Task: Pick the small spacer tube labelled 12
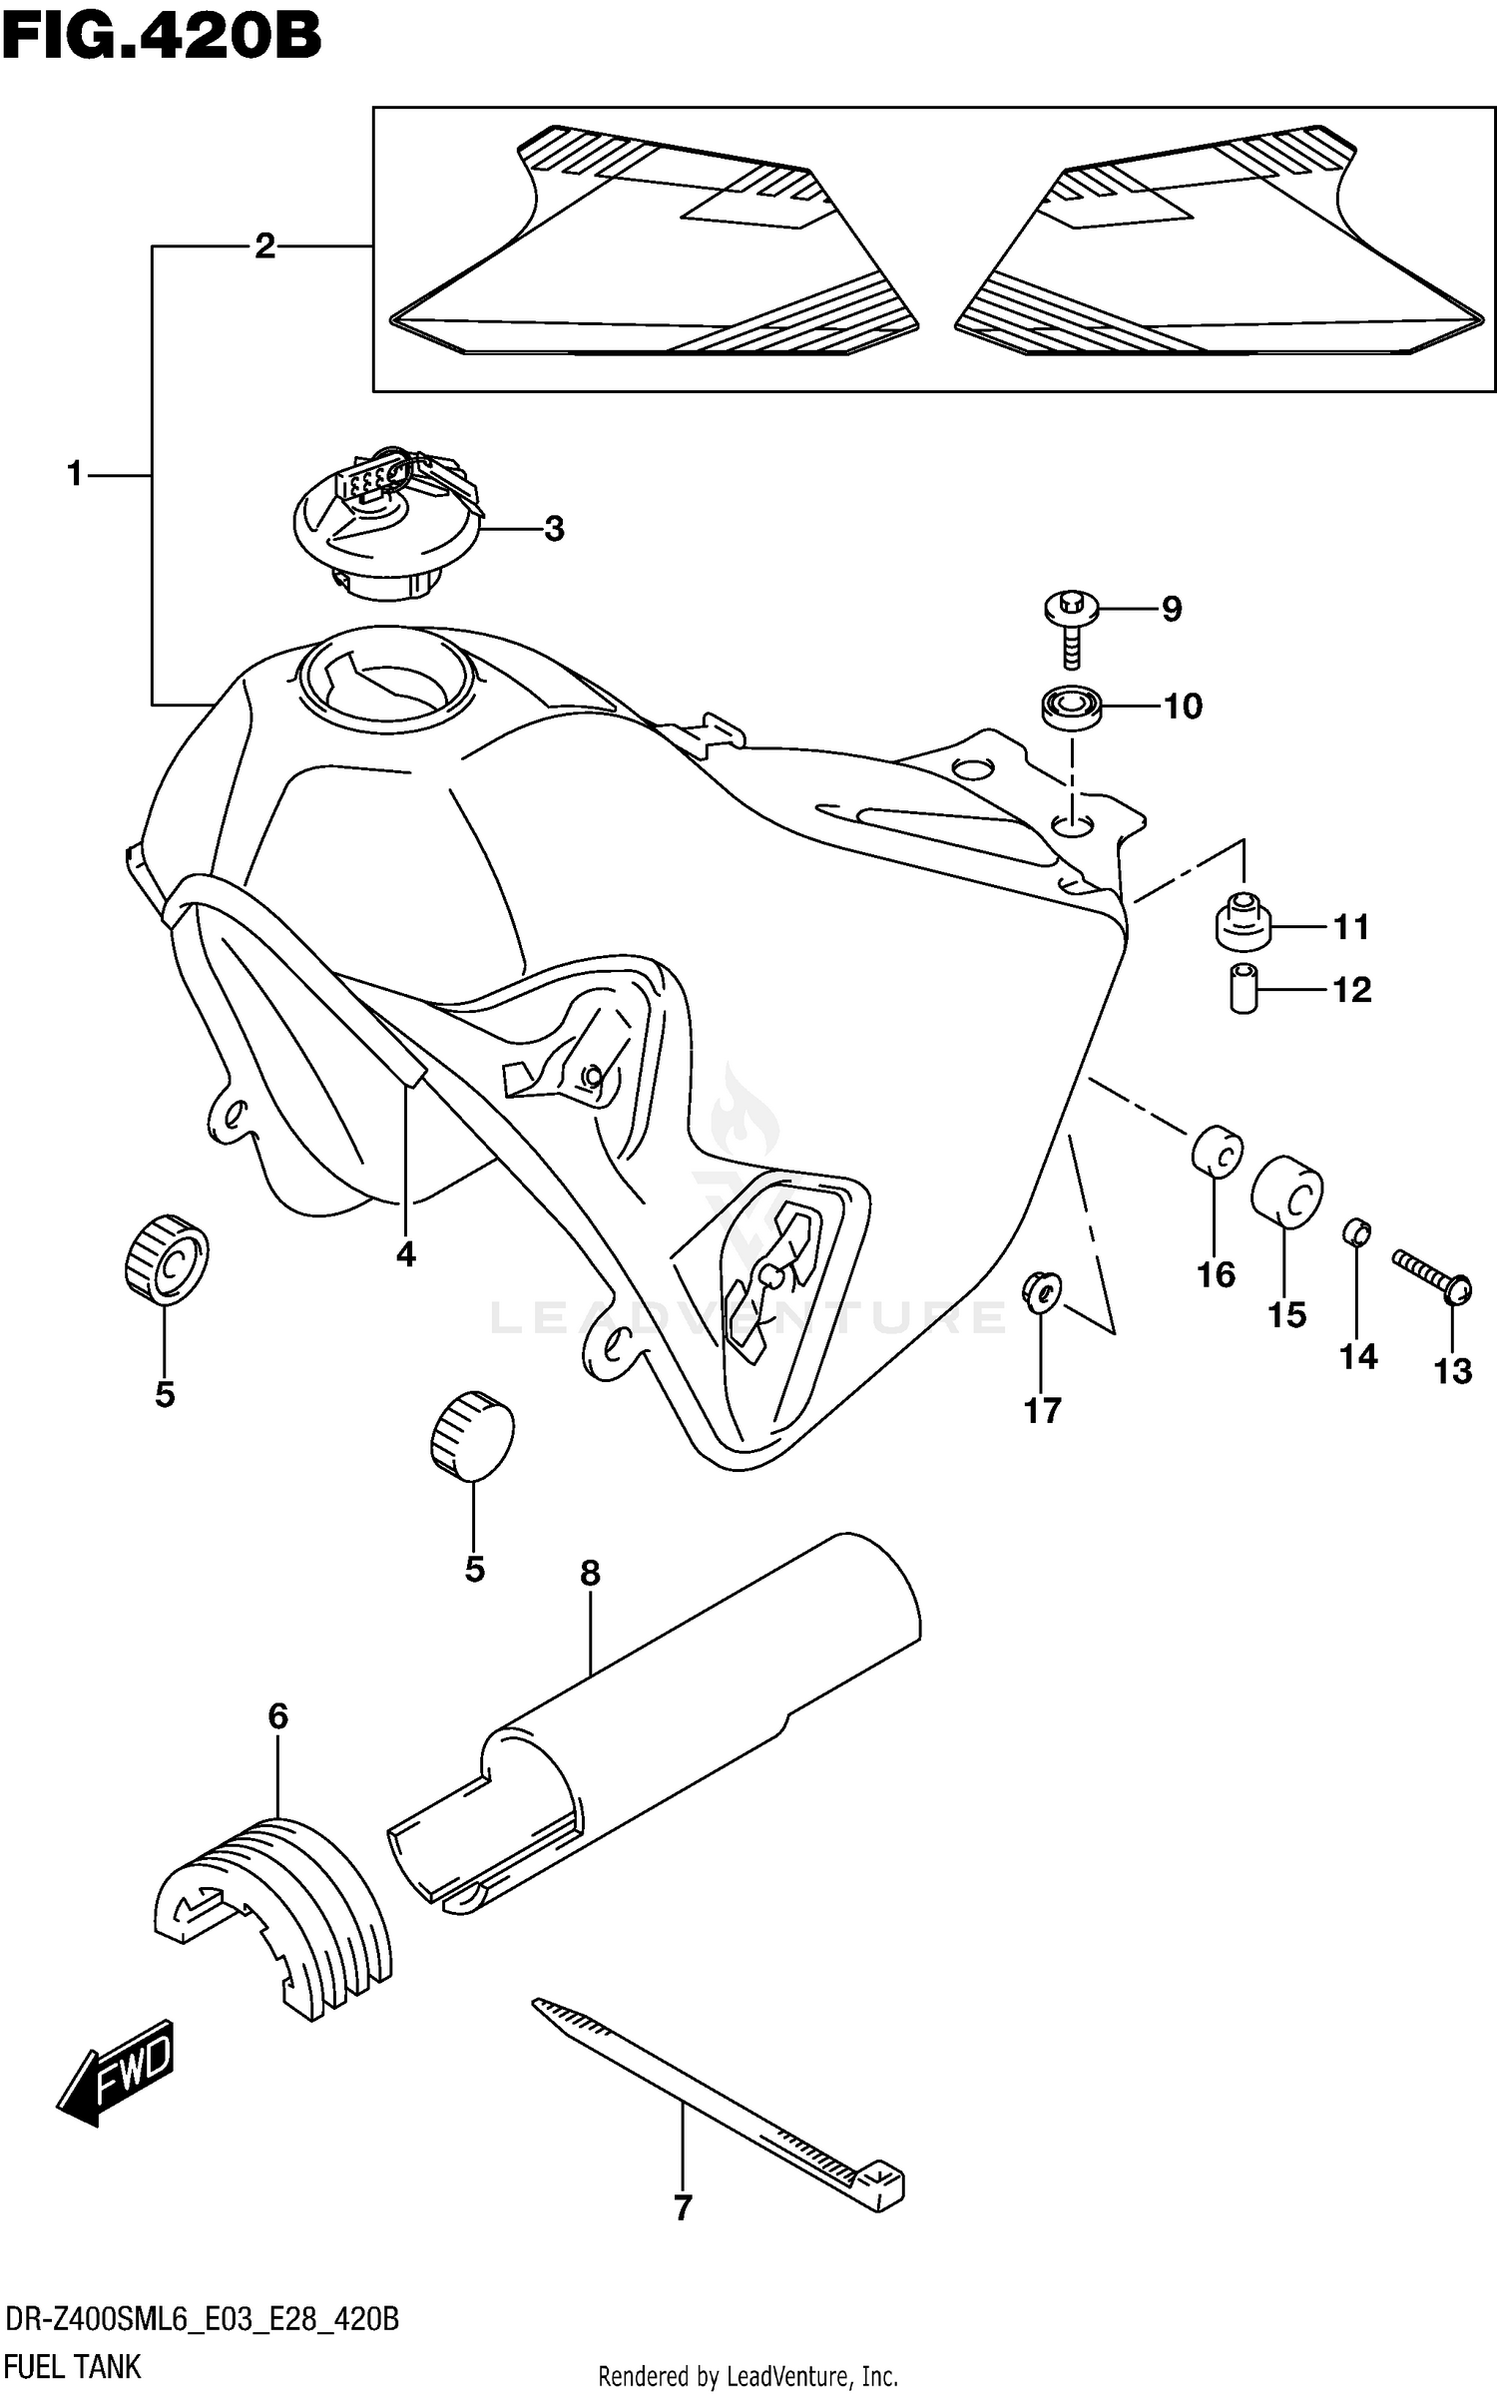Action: [1243, 989]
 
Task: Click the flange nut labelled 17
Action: [1040, 1293]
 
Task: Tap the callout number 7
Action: [683, 2207]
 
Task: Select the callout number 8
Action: [590, 1573]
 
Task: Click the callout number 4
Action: [405, 1253]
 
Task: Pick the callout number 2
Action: [264, 245]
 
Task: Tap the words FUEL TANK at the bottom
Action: [73, 2366]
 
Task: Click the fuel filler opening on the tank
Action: [382, 675]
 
